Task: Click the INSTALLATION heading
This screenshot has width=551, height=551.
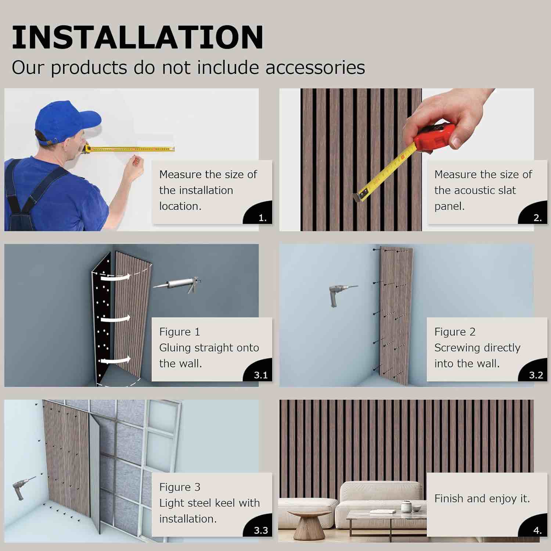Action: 137,37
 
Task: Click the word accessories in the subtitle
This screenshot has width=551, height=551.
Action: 315,68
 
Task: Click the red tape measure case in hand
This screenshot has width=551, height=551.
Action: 433,137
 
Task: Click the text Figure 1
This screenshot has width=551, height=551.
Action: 179,332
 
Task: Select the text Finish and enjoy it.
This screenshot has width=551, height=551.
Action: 482,498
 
